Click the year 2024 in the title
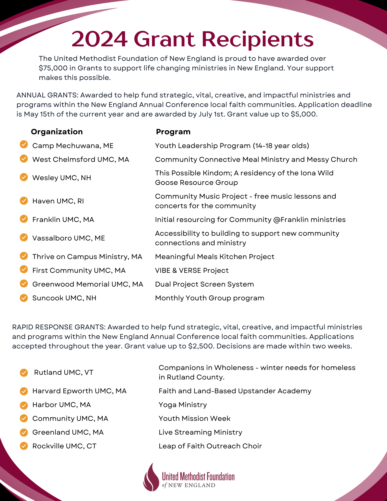point(99,39)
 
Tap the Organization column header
point(57,132)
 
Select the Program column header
point(173,132)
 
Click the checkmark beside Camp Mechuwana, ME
point(24,145)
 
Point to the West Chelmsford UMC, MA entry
point(81,160)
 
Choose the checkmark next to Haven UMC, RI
point(24,201)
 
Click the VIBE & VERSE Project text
point(192,271)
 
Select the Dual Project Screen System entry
point(204,284)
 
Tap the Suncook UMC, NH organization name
point(64,298)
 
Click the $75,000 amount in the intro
point(53,68)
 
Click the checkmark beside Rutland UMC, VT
point(24,372)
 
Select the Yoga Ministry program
point(183,405)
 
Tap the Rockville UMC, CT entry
point(64,446)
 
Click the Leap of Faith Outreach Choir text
point(210,446)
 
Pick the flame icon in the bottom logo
point(151,477)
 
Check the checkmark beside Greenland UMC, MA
point(24,432)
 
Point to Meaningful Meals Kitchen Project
point(215,257)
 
